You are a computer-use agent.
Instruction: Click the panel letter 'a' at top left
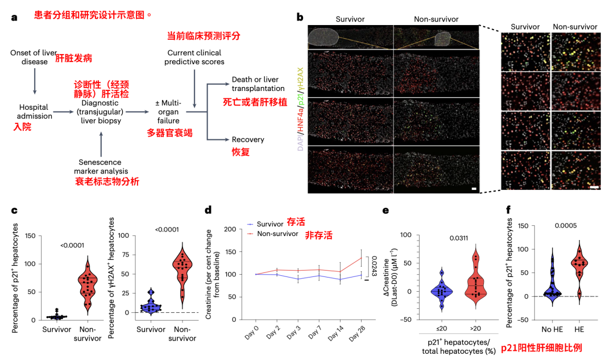point(14,17)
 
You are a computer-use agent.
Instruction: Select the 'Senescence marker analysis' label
point(101,166)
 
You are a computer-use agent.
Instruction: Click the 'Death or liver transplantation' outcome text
point(258,84)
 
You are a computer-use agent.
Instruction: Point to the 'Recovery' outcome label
point(248,139)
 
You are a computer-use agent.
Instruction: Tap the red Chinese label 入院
point(22,128)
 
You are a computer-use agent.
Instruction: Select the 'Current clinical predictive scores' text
point(194,57)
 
